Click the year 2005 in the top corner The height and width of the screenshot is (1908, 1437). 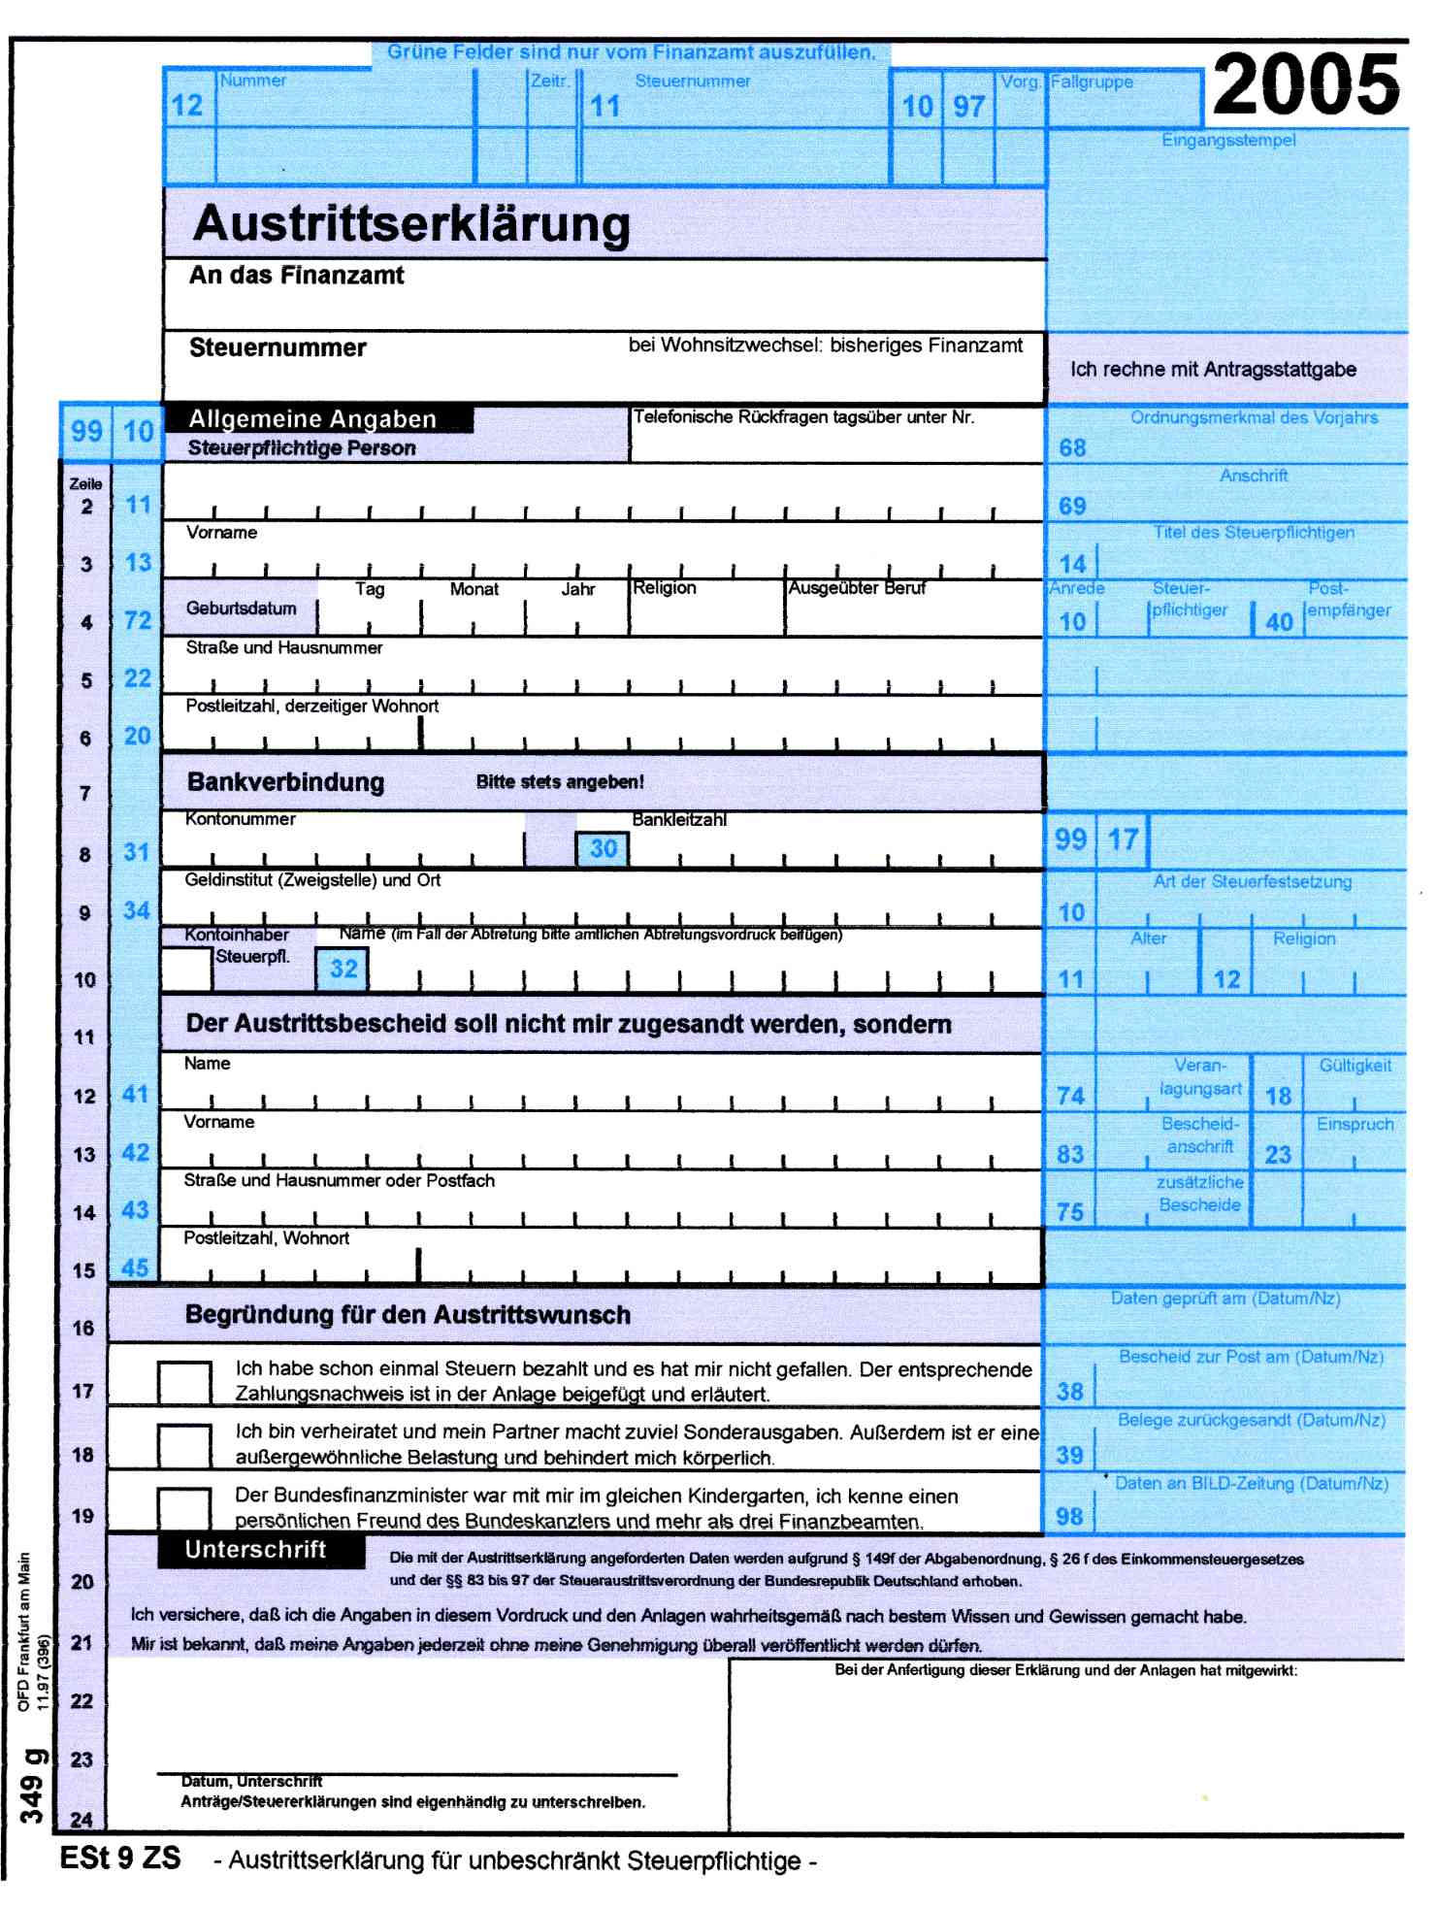pyautogui.click(x=1305, y=84)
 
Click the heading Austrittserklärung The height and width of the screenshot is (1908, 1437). pyautogui.click(x=411, y=224)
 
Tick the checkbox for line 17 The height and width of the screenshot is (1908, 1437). pyautogui.click(x=184, y=1382)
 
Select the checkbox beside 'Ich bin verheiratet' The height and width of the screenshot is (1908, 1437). pyautogui.click(x=184, y=1445)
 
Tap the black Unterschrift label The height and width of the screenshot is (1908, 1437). pyautogui.click(x=255, y=1550)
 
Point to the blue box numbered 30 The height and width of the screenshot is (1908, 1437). pyautogui.click(x=603, y=849)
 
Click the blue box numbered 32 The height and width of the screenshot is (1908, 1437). pyautogui.click(x=343, y=969)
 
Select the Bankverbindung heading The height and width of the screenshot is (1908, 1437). pyautogui.click(x=285, y=782)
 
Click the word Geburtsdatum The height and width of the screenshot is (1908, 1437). pyautogui.click(x=241, y=609)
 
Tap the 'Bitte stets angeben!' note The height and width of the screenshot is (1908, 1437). pyautogui.click(x=560, y=782)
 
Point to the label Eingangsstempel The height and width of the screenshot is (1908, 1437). pyautogui.click(x=1228, y=141)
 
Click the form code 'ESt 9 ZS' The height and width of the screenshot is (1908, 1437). pyautogui.click(x=120, y=1858)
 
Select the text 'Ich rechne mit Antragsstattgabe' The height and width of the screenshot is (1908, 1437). pyautogui.click(x=1213, y=370)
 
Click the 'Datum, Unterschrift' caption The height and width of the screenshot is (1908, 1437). pyautogui.click(x=251, y=1782)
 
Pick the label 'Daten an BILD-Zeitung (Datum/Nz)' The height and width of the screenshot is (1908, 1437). pyautogui.click(x=1251, y=1484)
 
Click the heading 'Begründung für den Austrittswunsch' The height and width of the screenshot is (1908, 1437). pyautogui.click(x=408, y=1315)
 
